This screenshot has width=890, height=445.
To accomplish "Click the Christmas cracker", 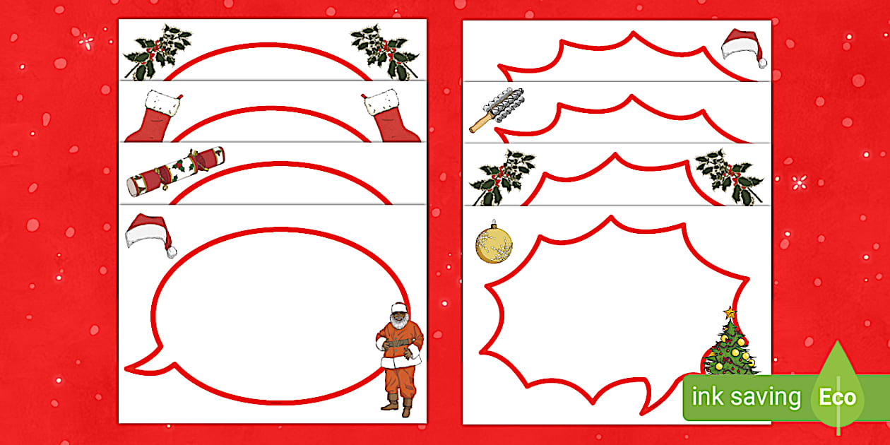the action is (176, 171).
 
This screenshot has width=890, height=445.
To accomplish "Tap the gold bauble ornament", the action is (494, 244).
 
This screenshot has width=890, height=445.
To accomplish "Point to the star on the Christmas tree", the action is (730, 313).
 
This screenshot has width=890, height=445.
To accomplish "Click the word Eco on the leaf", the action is (837, 397).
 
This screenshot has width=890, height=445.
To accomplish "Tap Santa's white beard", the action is (399, 321).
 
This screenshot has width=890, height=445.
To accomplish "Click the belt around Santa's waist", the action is (398, 343).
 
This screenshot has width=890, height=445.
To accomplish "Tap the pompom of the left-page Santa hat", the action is (172, 252).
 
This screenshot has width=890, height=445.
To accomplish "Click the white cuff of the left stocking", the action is (162, 103).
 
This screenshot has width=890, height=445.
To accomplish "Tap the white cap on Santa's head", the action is (398, 307).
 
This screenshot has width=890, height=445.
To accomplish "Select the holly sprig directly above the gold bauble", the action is (503, 176).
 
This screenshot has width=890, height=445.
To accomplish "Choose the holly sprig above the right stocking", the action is (384, 52).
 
